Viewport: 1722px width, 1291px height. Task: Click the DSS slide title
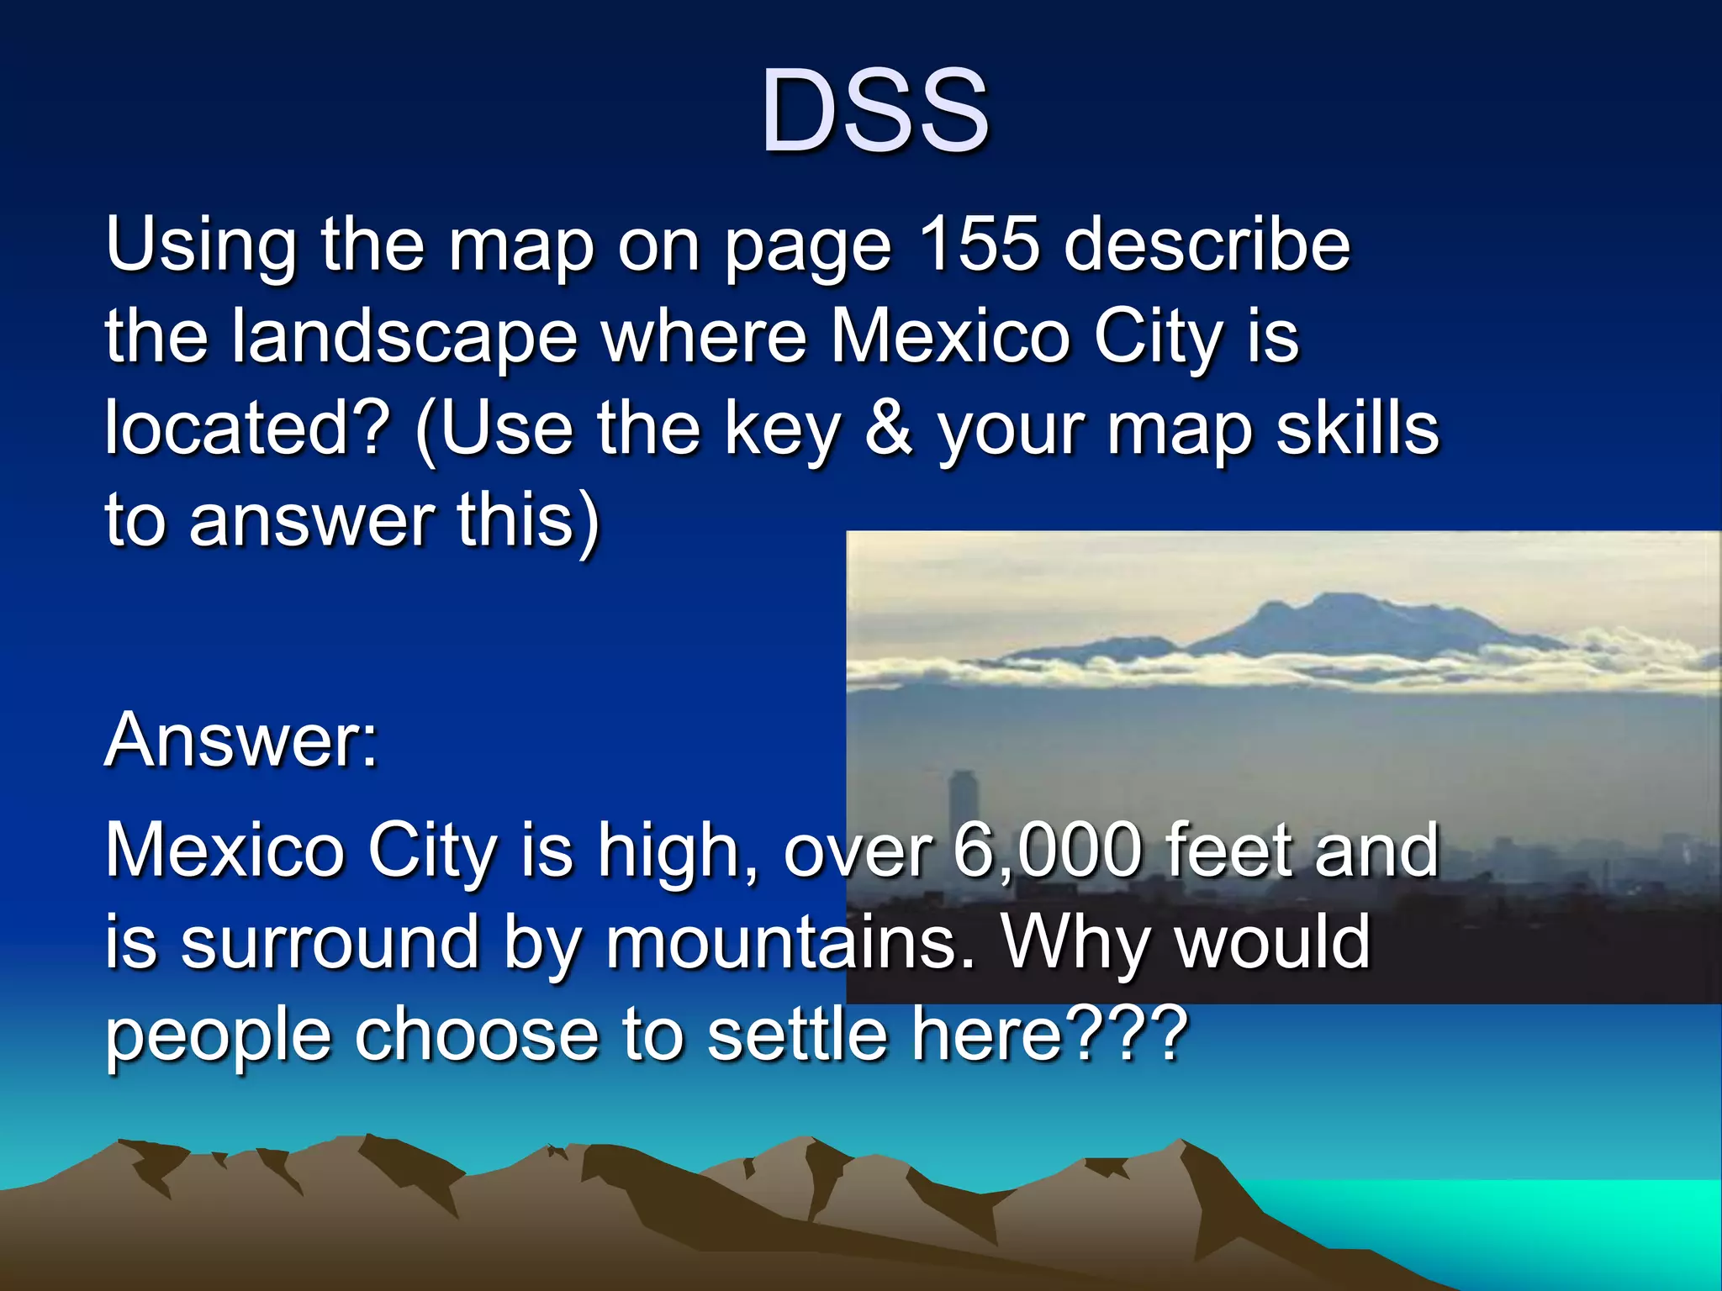click(x=874, y=112)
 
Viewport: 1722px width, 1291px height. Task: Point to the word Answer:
click(x=241, y=740)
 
